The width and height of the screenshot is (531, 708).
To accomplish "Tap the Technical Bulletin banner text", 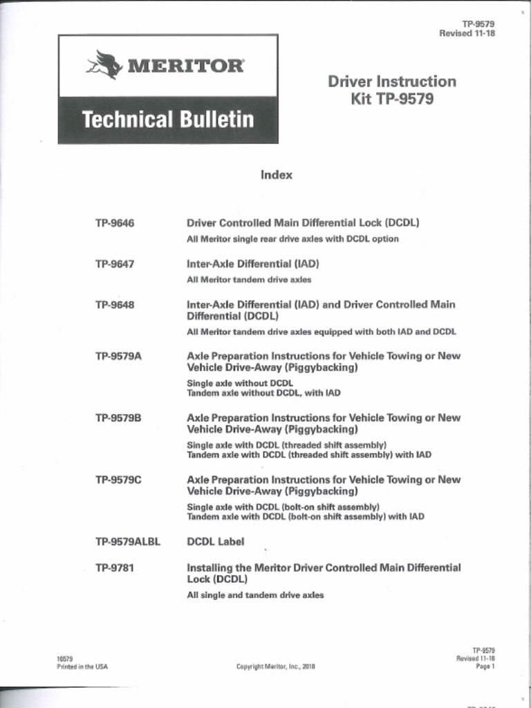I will [167, 120].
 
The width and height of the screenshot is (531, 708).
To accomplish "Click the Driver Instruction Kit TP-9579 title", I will [391, 90].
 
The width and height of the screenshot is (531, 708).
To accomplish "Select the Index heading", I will [277, 175].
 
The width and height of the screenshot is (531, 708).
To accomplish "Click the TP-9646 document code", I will [115, 223].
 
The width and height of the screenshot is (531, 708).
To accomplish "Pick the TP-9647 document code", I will [115, 264].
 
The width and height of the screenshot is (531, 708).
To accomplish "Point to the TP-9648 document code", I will [115, 305].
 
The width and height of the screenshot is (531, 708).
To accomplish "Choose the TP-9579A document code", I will [118, 356].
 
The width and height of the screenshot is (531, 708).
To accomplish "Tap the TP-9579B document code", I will [118, 418].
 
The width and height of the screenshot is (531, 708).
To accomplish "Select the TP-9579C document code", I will [118, 479].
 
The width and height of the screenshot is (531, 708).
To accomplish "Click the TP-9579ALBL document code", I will [128, 541].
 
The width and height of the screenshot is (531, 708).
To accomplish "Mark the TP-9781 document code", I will [115, 568].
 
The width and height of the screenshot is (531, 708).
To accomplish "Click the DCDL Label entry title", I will [216, 541].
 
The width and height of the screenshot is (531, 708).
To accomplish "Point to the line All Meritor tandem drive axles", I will [249, 280].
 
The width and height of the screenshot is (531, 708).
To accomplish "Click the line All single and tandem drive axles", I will [255, 595].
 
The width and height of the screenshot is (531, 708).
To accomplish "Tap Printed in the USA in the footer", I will [82, 667].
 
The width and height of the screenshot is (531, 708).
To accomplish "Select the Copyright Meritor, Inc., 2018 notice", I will [276, 667].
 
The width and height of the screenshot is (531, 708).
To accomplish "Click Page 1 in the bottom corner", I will [485, 667].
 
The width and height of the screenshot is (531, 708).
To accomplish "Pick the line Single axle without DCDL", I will [240, 383].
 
